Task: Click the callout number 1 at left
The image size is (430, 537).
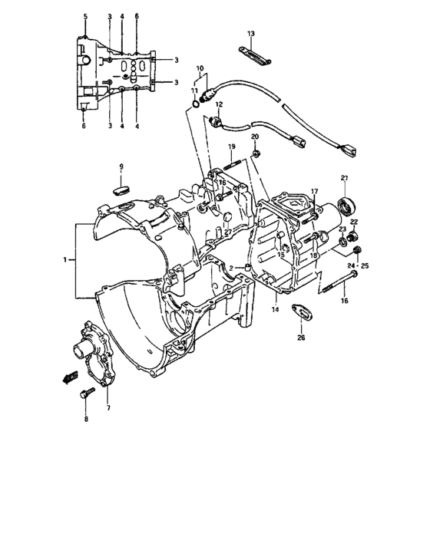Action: [x=65, y=260]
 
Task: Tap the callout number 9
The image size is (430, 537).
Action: [x=121, y=166]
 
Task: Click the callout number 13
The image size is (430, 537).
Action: [x=250, y=34]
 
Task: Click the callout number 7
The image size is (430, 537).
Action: [x=108, y=407]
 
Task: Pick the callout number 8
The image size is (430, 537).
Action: [x=86, y=419]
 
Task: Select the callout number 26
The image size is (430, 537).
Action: [x=301, y=337]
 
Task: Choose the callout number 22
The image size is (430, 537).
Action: [x=354, y=222]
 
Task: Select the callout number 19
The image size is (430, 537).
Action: [x=230, y=146]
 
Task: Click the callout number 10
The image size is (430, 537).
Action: [x=201, y=68]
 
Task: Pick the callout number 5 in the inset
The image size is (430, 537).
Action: [x=85, y=16]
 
